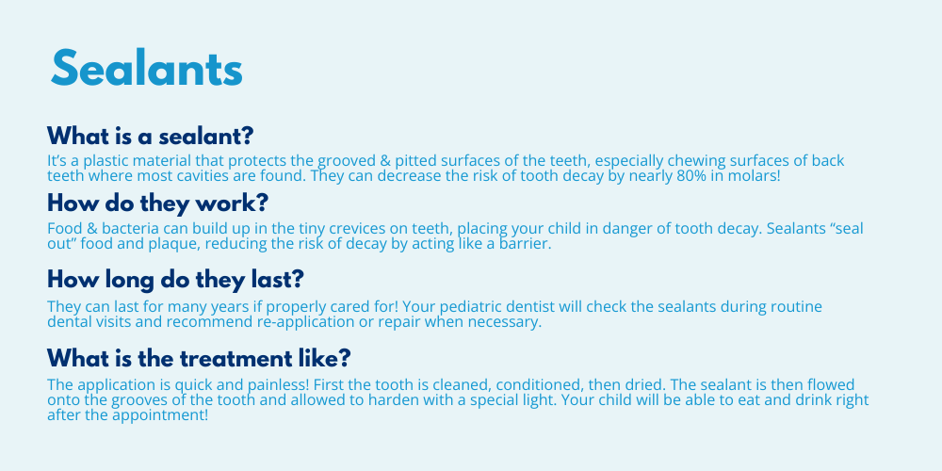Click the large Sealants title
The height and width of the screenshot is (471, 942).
[147, 68]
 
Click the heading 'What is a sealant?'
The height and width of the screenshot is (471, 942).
[150, 137]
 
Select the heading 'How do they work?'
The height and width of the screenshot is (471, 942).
[157, 203]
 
